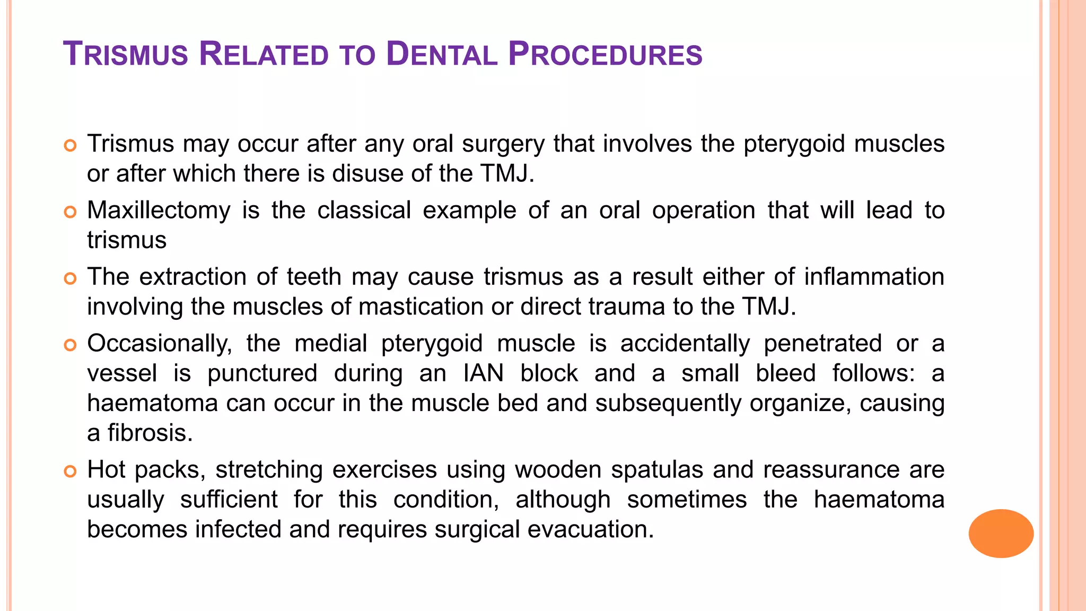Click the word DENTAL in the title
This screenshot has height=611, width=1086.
pyautogui.click(x=442, y=55)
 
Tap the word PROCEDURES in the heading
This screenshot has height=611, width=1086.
pyautogui.click(x=605, y=55)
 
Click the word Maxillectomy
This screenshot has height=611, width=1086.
pyautogui.click(x=159, y=211)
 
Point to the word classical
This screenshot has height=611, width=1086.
pyautogui.click(x=364, y=211)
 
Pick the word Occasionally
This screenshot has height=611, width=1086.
pyautogui.click(x=160, y=344)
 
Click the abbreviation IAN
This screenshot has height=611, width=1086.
pyautogui.click(x=483, y=373)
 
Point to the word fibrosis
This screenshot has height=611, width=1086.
pyautogui.click(x=150, y=433)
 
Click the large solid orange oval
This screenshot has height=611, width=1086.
pyautogui.click(x=1001, y=533)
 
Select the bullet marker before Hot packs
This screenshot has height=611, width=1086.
pyautogui.click(x=70, y=471)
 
